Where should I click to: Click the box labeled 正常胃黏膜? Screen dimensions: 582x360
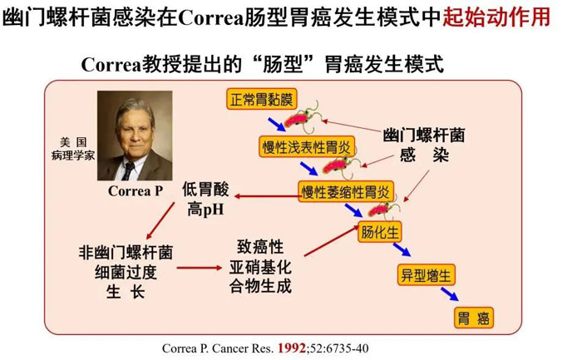pos(262,99)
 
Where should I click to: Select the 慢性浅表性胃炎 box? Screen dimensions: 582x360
pos(307,146)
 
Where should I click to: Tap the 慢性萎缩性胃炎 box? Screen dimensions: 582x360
pos(346,192)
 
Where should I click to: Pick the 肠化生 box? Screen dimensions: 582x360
pos(379,232)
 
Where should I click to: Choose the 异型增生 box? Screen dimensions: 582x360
pos(426,275)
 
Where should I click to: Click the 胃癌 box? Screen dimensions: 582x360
pos(474,318)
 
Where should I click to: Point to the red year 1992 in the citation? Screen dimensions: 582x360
pos(291,348)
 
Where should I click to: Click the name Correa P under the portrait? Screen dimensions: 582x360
pos(136,190)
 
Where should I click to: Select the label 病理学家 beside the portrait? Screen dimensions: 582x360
pos(73,155)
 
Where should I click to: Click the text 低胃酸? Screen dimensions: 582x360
pos(205,189)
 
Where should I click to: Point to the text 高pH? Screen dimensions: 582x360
pos(205,210)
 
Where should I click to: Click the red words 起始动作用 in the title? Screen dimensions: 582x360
pos(496,17)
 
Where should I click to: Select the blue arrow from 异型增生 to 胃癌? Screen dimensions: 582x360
pos(450,294)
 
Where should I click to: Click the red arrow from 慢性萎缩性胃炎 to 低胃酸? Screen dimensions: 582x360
pos(267,196)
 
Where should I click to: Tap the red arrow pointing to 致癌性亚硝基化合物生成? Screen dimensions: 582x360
pos(200,268)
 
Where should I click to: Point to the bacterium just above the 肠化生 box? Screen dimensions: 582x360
pos(383,210)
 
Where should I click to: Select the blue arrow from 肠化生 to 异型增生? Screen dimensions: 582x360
pos(402,249)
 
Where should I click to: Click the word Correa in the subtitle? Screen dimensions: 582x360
pos(111,65)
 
